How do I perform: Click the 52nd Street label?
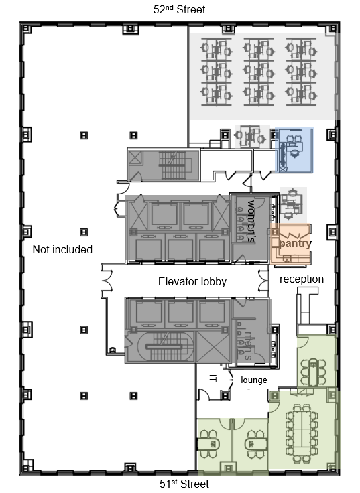[x=179, y=9]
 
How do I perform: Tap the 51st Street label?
[x=184, y=483]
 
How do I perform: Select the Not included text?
[x=62, y=249]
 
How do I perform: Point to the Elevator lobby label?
[x=192, y=281]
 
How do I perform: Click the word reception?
[x=302, y=279]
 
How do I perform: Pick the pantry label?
[x=295, y=243]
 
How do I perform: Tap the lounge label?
[x=253, y=380]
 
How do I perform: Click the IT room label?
[x=213, y=378]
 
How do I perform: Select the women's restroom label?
[x=251, y=221]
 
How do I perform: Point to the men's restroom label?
[x=249, y=346]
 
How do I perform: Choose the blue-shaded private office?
[x=294, y=149]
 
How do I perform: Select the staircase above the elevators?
[x=172, y=165]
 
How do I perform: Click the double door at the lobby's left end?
[x=107, y=280]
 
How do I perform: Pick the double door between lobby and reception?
[x=263, y=280]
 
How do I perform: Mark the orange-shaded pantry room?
[x=290, y=244]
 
